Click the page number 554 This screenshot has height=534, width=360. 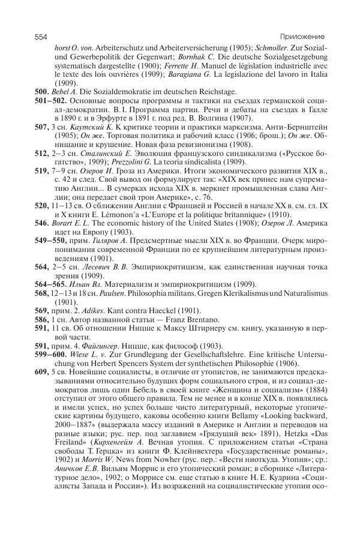[41, 37]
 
